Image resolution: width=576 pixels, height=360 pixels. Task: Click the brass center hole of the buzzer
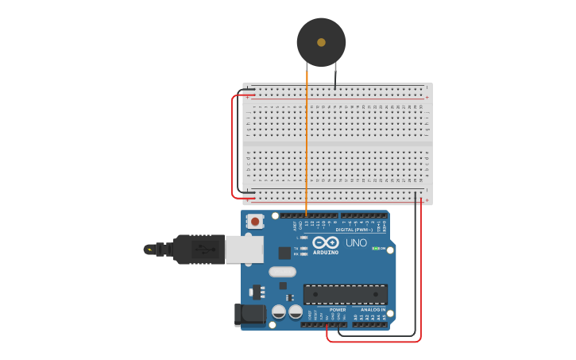point(321,42)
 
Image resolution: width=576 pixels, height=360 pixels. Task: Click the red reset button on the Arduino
point(255,222)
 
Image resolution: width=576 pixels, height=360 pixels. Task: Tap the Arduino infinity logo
point(325,242)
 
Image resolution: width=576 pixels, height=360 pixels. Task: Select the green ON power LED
point(376,248)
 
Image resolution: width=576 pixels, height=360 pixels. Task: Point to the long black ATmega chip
point(345,294)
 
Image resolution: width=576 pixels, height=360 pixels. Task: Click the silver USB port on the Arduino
point(244,249)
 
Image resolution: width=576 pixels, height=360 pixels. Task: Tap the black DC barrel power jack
point(249,315)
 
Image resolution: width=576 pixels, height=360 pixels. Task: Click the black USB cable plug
point(199,249)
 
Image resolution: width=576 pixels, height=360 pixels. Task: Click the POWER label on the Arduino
point(327,309)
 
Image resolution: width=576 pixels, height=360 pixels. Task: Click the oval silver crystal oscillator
point(282,272)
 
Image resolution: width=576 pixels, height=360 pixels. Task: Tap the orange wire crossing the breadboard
point(307,143)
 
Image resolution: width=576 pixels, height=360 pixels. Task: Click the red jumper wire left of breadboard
point(233,147)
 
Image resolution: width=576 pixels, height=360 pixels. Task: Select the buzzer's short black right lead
point(335,76)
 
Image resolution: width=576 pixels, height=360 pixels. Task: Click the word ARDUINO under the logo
point(325,253)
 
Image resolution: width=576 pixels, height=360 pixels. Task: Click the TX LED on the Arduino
point(303,248)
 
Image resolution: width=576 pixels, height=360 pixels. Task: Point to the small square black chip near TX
point(284,253)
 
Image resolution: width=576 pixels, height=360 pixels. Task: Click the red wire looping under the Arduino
point(373,342)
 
